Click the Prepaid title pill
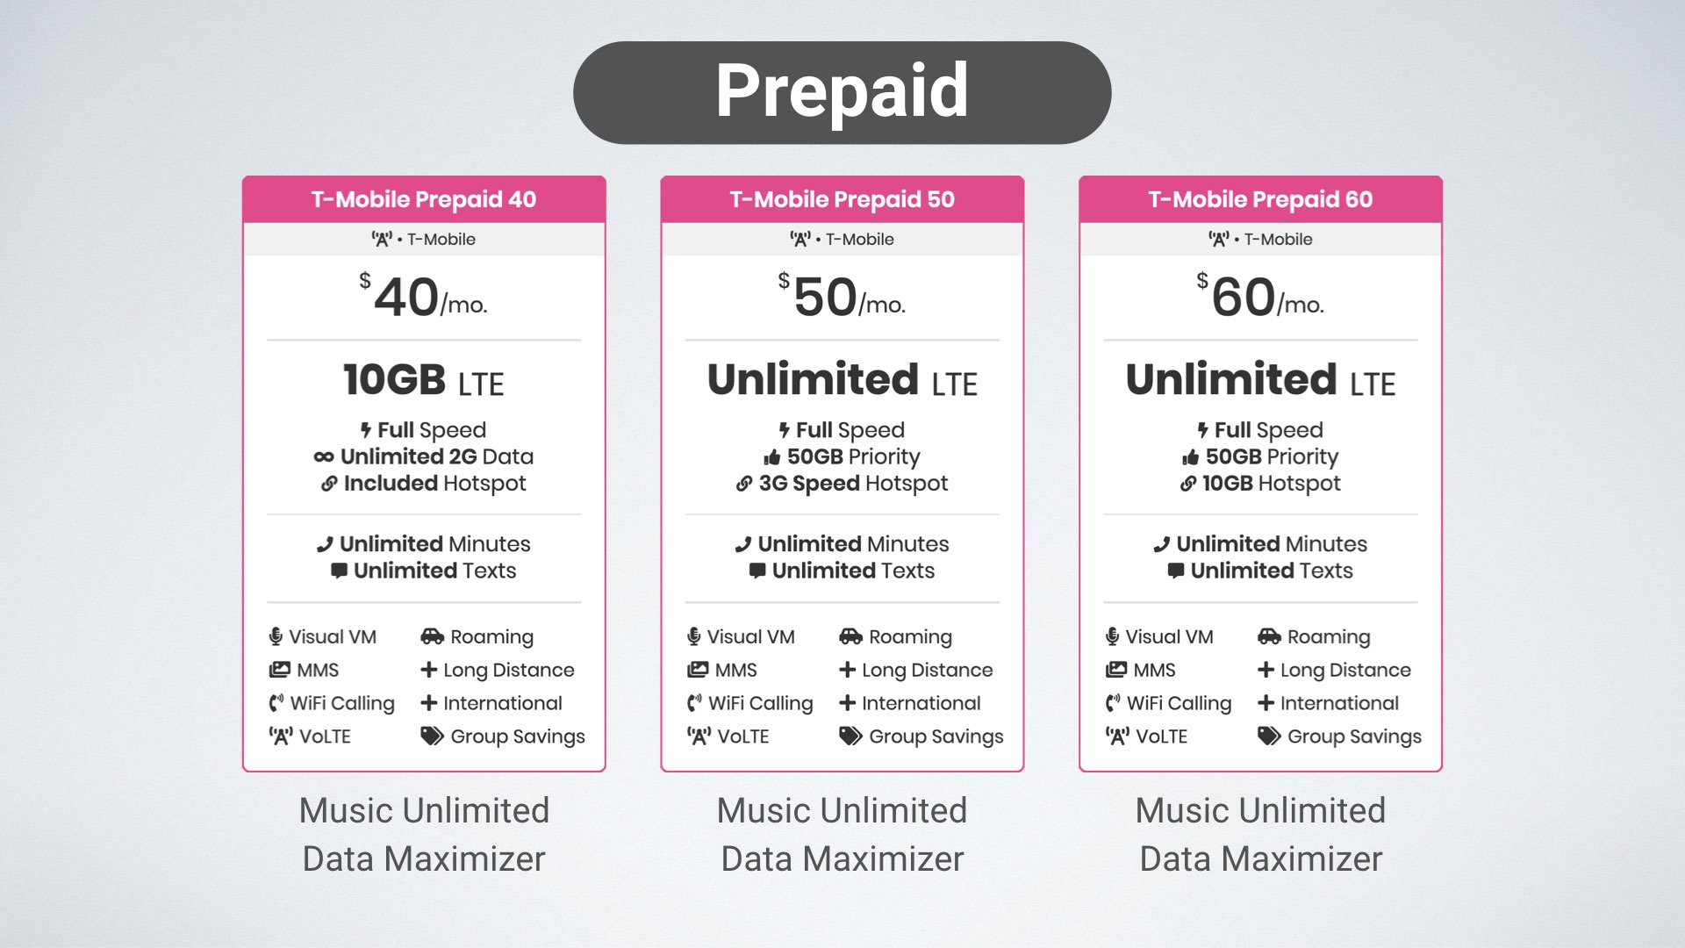(842, 92)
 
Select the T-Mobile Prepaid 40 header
(424, 199)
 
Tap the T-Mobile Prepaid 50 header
(842, 199)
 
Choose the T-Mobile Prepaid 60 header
(1260, 199)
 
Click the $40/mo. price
(424, 297)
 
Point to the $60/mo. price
(1260, 297)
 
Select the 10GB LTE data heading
(424, 381)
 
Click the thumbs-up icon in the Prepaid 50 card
(772, 457)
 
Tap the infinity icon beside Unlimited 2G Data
(324, 457)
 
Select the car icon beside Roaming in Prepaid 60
(1269, 636)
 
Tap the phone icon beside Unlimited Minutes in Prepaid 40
(325, 544)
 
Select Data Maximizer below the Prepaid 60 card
(1260, 858)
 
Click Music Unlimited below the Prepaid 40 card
(424, 810)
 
